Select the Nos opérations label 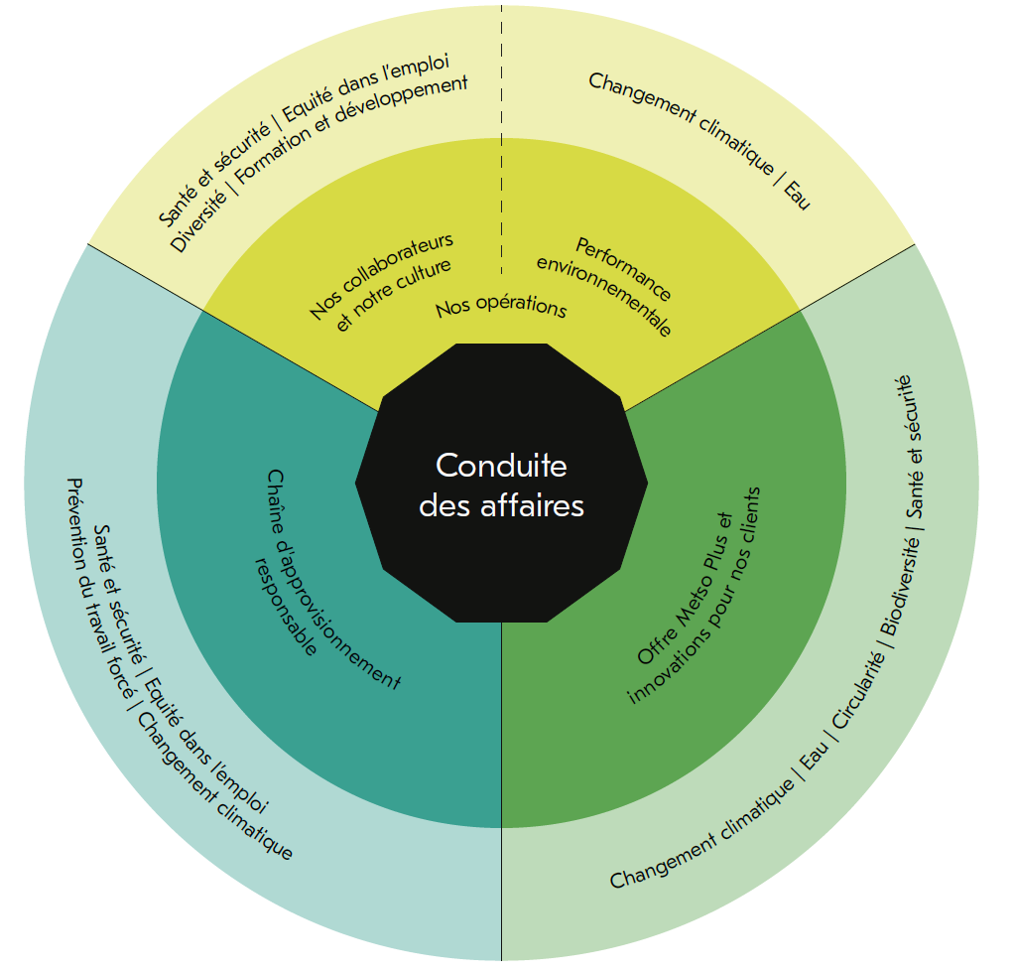click(501, 307)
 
